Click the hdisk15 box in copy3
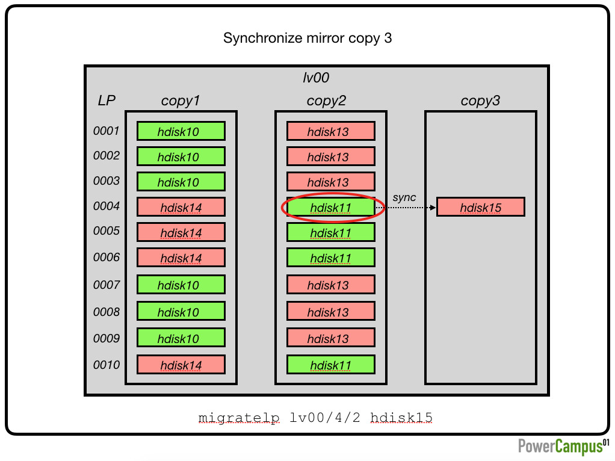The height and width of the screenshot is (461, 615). [x=480, y=207]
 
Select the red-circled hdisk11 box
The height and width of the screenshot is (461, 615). [x=330, y=207]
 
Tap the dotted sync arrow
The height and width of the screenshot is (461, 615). [x=406, y=208]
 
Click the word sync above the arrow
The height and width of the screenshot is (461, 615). [x=404, y=197]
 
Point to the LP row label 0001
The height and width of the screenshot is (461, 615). [x=107, y=131]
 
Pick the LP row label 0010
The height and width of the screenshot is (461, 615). [x=107, y=365]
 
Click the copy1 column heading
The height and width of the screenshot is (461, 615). [x=181, y=101]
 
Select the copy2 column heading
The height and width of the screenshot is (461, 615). [x=326, y=101]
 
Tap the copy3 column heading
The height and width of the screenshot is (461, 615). [x=480, y=101]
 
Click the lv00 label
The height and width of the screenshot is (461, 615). [x=316, y=78]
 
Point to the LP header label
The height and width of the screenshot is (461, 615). [x=107, y=101]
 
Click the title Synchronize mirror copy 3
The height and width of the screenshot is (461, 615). [x=307, y=38]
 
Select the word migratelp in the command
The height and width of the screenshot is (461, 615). [x=239, y=418]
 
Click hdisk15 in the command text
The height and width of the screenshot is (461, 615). [x=401, y=418]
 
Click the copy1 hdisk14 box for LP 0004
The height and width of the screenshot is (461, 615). [x=181, y=207]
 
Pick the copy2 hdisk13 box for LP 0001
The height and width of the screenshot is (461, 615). [x=330, y=131]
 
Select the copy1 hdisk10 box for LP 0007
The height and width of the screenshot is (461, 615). [x=181, y=285]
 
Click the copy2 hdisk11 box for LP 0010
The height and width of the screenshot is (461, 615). [x=330, y=365]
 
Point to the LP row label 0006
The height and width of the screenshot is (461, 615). [x=107, y=257]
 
